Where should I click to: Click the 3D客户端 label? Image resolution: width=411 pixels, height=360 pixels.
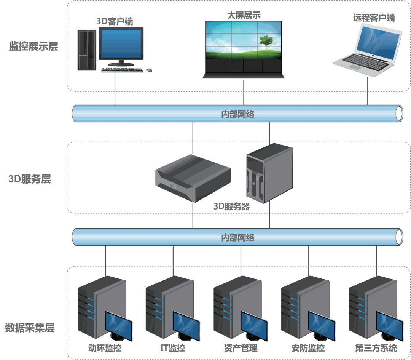click(115, 21)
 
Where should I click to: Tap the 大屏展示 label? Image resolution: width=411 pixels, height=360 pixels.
click(244, 15)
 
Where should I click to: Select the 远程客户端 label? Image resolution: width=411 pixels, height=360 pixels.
click(374, 18)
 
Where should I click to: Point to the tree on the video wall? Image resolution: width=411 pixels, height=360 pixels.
click(265, 42)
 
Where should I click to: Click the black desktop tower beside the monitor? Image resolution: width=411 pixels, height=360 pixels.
click(87, 50)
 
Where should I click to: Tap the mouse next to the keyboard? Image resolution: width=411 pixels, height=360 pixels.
click(149, 70)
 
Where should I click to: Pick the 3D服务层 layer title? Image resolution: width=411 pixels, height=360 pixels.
click(29, 179)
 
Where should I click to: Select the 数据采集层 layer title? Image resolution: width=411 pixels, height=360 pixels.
click(30, 328)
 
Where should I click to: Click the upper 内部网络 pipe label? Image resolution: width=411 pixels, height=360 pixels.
click(237, 114)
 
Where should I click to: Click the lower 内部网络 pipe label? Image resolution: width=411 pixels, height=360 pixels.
click(237, 238)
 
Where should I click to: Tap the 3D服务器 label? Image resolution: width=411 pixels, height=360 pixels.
click(231, 206)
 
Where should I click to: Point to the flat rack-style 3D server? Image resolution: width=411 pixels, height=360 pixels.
click(193, 178)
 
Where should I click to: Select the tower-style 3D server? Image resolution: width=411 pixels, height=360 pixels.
click(269, 171)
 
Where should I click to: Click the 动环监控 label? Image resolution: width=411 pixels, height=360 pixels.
click(105, 348)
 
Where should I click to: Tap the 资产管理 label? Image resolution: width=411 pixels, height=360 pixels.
click(241, 348)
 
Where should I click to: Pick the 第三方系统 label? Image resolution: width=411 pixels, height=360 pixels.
click(376, 348)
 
